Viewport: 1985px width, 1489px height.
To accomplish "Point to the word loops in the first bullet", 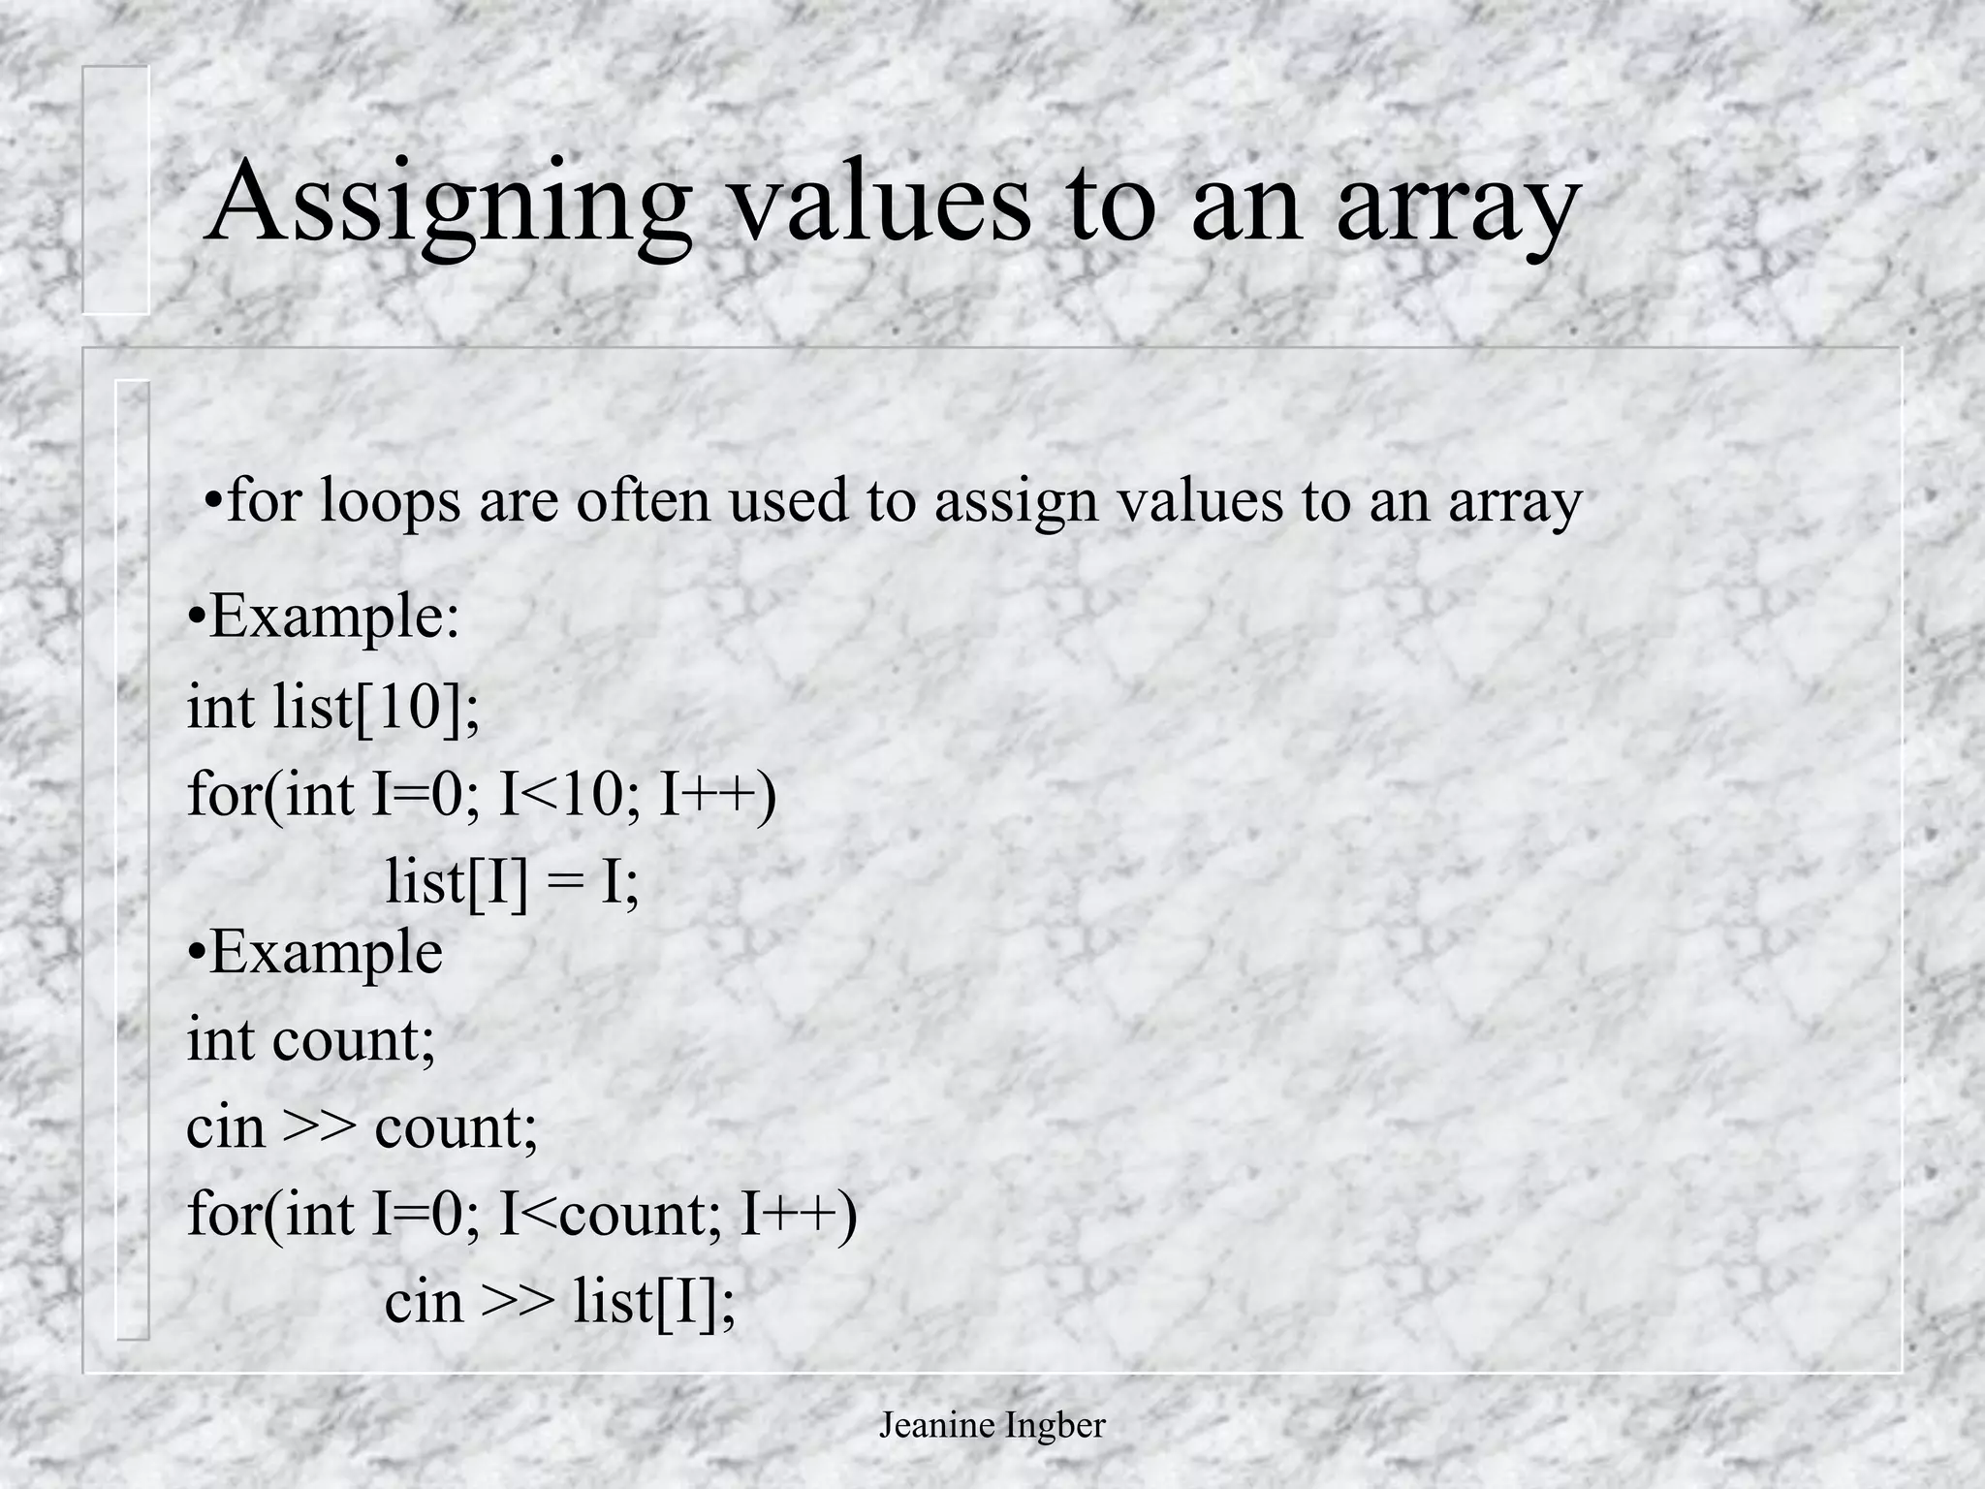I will pos(390,502).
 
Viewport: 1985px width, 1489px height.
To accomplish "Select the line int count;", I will pos(311,1039).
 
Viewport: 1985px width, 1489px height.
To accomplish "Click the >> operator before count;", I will pos(319,1127).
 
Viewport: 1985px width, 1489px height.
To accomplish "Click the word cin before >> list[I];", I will pos(423,1301).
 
